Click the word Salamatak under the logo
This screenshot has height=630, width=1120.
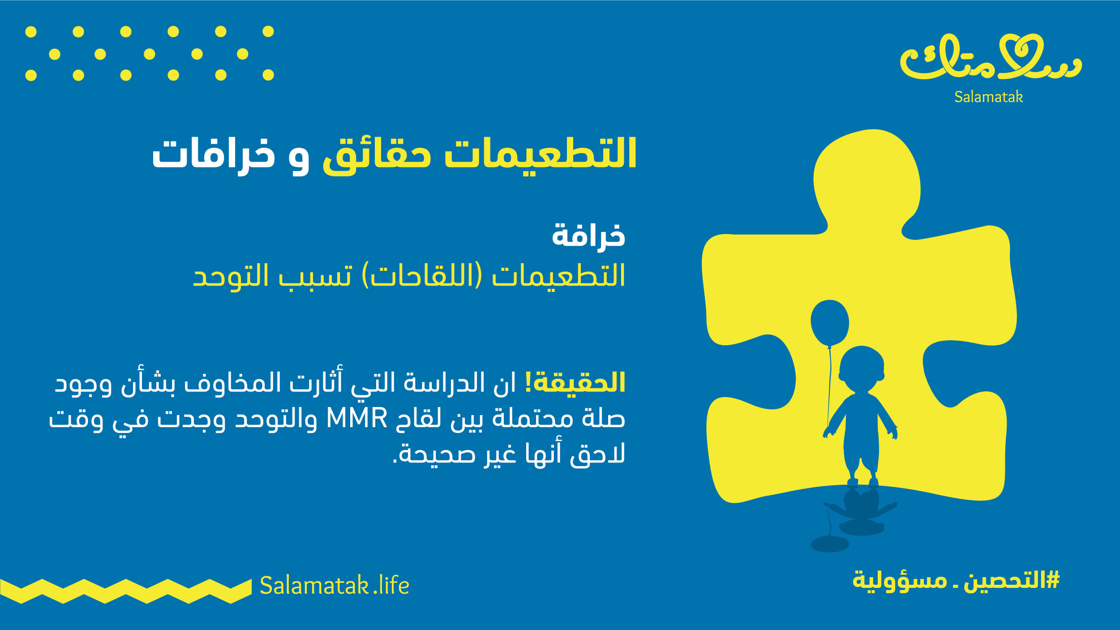[x=988, y=97]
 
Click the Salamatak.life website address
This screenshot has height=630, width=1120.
[x=335, y=585]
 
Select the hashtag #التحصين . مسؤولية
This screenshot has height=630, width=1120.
[x=956, y=580]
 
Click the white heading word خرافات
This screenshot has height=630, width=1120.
[x=214, y=154]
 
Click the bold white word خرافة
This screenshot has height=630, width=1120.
[x=588, y=235]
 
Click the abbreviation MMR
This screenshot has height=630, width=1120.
[x=356, y=418]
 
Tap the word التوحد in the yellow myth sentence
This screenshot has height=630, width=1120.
[x=231, y=275]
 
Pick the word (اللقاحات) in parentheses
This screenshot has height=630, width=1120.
[x=422, y=275]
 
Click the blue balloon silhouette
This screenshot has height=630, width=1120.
[x=829, y=322]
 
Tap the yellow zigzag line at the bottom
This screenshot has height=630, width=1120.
[x=126, y=591]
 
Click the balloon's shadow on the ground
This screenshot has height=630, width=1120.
[x=829, y=544]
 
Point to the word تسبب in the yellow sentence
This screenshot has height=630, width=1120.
[x=316, y=275]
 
